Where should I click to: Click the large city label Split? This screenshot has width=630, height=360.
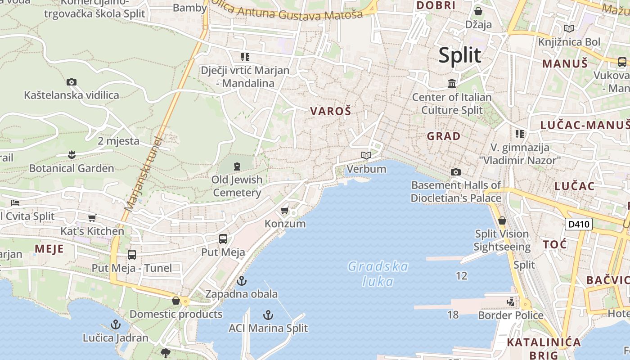coord(459,55)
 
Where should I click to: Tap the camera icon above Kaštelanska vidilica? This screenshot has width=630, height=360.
coord(71,82)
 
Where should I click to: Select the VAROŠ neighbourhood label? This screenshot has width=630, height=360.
coord(331,111)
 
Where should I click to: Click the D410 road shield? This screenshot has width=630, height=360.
coord(578,224)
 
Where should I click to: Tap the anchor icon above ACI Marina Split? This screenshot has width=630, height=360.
coord(268,315)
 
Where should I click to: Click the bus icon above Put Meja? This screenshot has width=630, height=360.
coord(223,239)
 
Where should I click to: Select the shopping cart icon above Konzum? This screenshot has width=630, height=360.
coord(284,210)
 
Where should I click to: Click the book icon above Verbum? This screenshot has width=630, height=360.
coord(366,156)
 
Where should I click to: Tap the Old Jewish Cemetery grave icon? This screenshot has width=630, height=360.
coord(237,166)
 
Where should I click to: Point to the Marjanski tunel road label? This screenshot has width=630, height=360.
coord(144,174)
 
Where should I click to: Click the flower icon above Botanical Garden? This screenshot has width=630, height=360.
coord(71,155)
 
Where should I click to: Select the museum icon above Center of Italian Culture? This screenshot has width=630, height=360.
coord(452,83)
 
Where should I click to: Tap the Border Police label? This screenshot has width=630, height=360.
coord(510,315)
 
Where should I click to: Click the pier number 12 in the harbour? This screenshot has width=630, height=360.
coord(462,275)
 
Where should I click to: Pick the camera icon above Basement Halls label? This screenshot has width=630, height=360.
coord(456,172)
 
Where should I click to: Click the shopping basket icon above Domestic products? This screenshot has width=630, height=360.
coord(176,300)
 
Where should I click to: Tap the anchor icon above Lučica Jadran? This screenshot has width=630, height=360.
coord(116,324)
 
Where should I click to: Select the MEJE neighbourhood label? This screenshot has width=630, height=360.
coord(49,249)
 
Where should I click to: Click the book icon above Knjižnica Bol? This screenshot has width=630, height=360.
coord(569,29)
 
